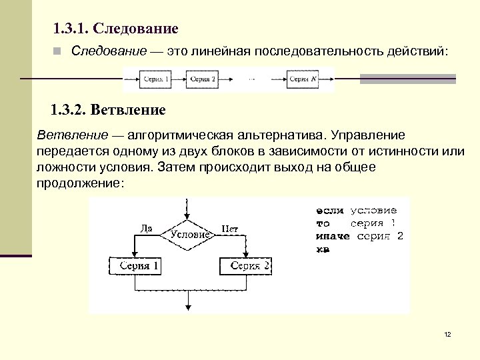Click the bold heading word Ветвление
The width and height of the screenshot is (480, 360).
(128, 109)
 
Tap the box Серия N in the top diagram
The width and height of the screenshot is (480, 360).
(303, 79)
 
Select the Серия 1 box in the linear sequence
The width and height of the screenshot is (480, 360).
(157, 79)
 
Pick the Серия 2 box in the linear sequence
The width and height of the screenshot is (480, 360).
(203, 79)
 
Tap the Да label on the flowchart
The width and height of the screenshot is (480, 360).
(147, 229)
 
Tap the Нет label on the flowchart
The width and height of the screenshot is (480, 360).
(230, 229)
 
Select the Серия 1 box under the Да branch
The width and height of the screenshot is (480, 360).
(135, 266)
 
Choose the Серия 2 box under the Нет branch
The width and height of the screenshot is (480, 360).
(245, 266)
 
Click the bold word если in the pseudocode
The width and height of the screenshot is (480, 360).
(330, 211)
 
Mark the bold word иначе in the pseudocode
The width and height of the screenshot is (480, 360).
(333, 236)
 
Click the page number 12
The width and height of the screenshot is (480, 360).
(447, 334)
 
